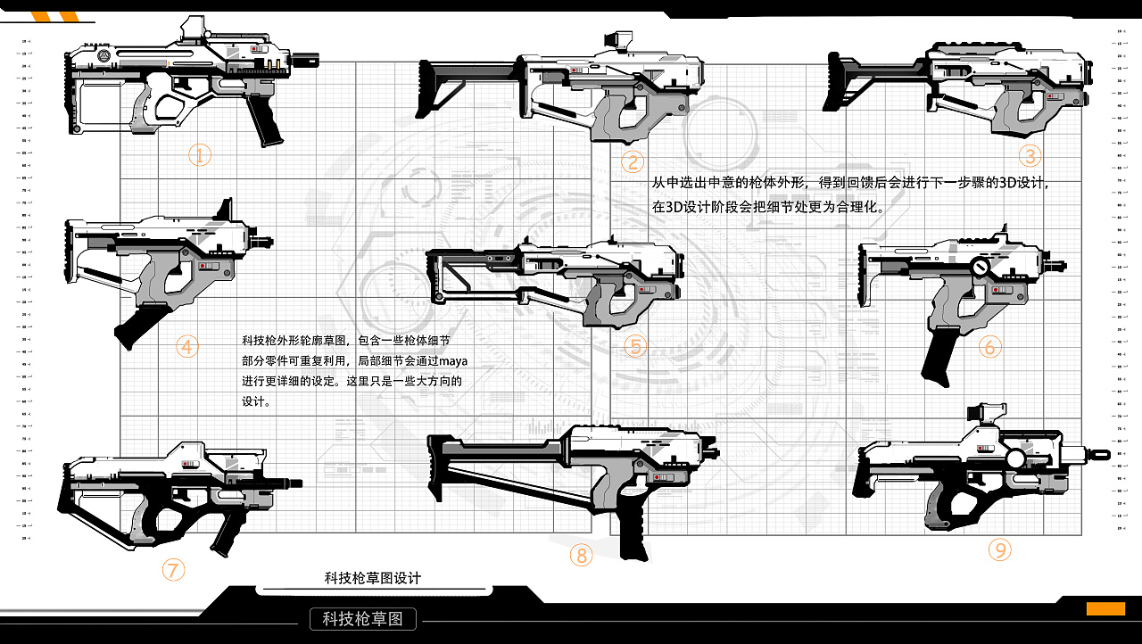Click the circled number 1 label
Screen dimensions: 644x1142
200,155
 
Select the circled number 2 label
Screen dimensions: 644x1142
633,161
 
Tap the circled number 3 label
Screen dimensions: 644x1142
1030,156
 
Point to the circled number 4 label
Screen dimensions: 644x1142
186,346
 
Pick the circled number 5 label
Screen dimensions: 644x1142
635,346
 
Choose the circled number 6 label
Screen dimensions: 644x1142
989,346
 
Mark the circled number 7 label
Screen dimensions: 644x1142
173,568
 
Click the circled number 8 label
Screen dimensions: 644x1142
581,556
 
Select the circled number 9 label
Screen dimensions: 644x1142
999,550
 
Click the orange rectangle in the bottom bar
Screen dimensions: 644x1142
1105,608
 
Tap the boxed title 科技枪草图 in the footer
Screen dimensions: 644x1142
363,618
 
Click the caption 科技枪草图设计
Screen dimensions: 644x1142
372,578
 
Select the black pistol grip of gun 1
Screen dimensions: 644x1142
266,120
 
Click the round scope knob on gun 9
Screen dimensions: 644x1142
1015,458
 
